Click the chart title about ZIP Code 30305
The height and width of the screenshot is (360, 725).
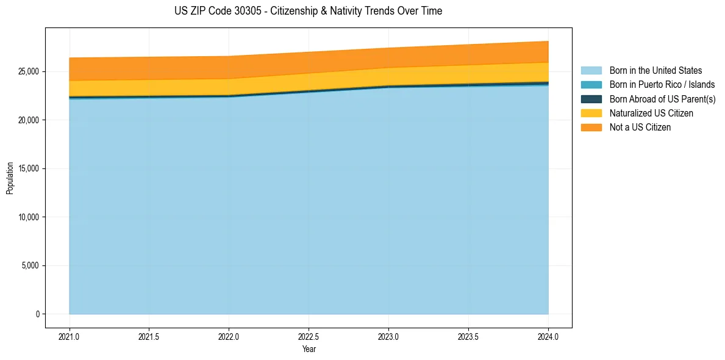coord(308,11)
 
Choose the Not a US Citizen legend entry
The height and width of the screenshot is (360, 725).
coord(640,128)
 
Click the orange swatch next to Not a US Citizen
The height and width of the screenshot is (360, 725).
coord(591,128)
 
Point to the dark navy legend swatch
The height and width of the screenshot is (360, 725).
coord(591,99)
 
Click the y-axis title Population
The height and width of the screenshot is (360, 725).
coord(10,178)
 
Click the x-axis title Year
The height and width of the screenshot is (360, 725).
coord(309,349)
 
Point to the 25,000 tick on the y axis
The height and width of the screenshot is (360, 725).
coord(29,71)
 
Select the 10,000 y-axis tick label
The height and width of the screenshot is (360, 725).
coord(29,217)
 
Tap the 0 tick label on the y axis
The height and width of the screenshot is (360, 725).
coord(37,314)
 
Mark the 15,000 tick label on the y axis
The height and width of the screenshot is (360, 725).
coord(29,168)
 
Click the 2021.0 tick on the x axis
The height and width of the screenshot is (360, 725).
coord(70,336)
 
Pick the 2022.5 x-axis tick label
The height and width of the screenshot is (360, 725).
coord(309,336)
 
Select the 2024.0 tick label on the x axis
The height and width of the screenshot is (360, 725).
coord(548,336)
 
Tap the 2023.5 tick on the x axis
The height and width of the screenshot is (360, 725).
coord(468,336)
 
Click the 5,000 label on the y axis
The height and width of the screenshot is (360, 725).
coord(30,265)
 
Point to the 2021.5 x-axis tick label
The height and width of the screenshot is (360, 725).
coord(149,336)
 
